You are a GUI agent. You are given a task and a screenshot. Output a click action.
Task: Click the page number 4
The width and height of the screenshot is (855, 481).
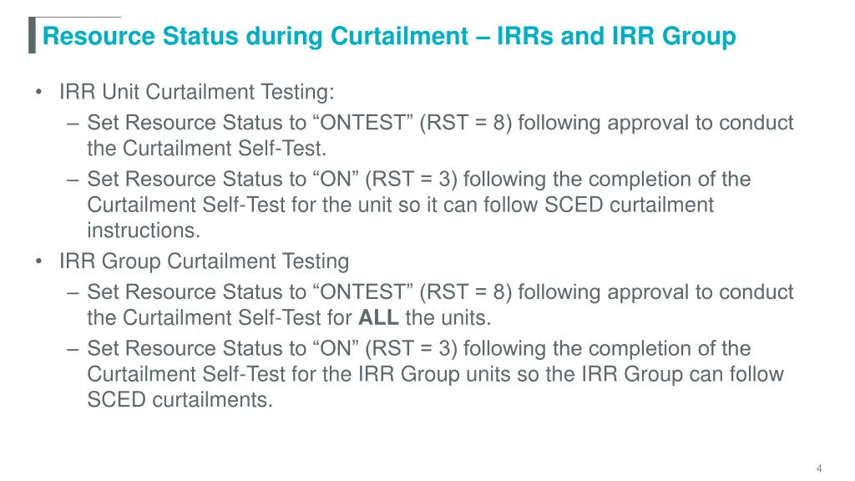[x=819, y=468]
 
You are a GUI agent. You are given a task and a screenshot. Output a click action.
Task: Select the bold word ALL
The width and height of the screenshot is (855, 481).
[x=379, y=318]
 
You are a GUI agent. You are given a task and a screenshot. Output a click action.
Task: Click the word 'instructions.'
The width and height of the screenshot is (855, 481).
[x=144, y=230]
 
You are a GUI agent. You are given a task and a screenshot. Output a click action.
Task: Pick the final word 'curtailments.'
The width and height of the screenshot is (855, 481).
[x=212, y=400]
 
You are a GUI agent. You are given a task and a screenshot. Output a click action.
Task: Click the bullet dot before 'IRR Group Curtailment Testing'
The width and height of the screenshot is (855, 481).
[x=40, y=261]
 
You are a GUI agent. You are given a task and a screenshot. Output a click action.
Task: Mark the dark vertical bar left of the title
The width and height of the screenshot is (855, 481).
[x=32, y=35]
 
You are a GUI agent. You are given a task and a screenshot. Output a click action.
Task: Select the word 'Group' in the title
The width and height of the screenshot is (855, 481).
[x=699, y=37]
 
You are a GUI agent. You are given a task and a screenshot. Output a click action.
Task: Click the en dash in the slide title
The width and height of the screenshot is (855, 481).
[x=482, y=37]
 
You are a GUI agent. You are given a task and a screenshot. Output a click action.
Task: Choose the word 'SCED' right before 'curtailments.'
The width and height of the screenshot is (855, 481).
[x=117, y=400]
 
